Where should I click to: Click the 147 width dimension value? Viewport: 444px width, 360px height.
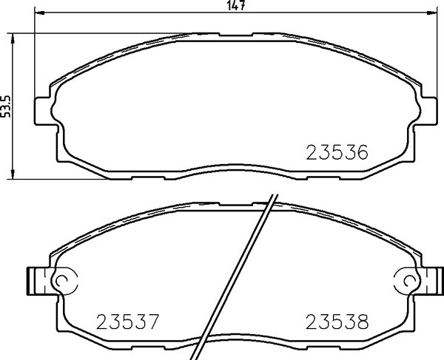tap(236, 5)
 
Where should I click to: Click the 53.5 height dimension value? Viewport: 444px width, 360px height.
tap(5, 106)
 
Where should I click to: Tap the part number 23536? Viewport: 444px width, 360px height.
tap(337, 152)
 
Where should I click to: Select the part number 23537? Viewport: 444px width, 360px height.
tap(128, 322)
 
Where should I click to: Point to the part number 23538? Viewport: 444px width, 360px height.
tap(337, 322)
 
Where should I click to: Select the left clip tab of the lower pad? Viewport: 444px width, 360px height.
tap(36, 281)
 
